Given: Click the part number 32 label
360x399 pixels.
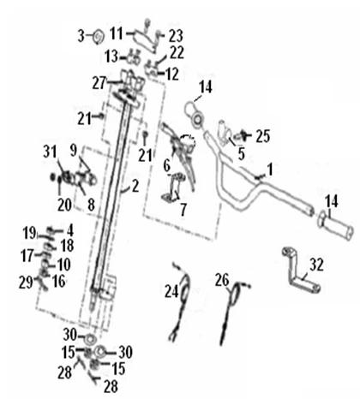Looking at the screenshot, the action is [x=316, y=265].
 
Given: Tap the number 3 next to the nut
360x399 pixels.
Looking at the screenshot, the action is [x=81, y=36].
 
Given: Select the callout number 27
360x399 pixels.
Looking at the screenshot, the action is [x=99, y=83].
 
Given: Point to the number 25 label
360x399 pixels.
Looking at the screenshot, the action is [x=263, y=136].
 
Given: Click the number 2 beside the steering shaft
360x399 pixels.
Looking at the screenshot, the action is [x=135, y=186].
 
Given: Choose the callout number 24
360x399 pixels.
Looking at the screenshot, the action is [x=171, y=292].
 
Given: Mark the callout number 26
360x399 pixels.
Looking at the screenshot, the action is [x=222, y=280].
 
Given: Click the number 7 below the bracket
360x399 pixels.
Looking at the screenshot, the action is [x=183, y=210].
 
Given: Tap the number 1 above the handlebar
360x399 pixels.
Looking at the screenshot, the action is [x=269, y=170].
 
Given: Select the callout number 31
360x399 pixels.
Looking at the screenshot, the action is [x=50, y=152].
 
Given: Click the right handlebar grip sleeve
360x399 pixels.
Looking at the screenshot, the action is [x=336, y=227].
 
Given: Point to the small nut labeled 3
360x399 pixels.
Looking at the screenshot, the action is [x=99, y=37].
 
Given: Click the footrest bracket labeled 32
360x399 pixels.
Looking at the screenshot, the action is [x=300, y=271].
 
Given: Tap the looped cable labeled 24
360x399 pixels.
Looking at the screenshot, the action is [x=182, y=302].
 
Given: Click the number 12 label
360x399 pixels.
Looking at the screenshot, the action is [x=172, y=74].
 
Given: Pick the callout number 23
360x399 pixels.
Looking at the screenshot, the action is [x=176, y=36].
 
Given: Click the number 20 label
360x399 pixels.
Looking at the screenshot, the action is [x=64, y=205].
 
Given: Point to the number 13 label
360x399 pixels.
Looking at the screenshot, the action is [x=111, y=57].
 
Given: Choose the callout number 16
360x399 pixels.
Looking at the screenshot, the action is [x=59, y=281].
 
